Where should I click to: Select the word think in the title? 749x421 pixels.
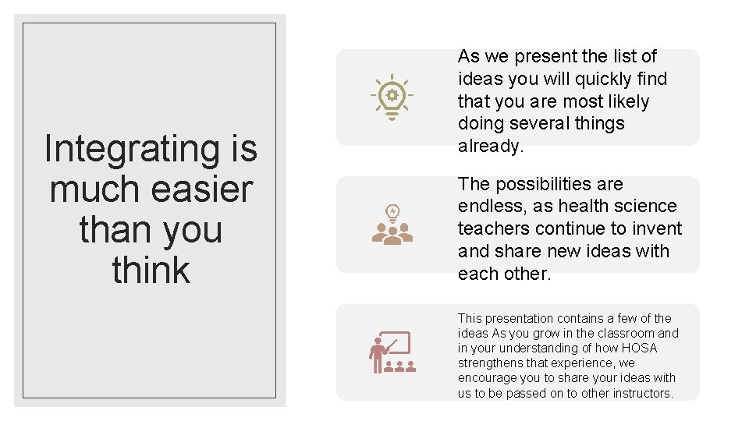151,271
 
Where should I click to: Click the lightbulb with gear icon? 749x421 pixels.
392,97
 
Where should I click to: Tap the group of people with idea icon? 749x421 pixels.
392,225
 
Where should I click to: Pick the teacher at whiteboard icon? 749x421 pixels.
389,352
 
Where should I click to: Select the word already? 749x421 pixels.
489,146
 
